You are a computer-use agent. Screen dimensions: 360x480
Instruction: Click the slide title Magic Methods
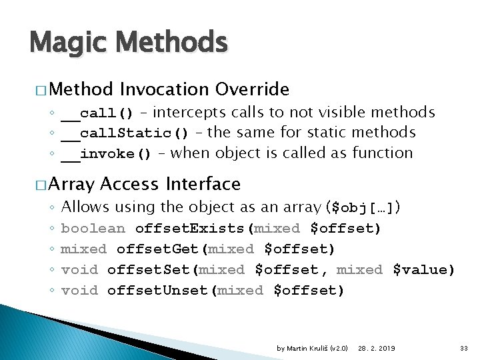129,43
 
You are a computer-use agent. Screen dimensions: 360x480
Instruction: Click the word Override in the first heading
253,89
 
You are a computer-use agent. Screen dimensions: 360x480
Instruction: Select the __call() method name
97,113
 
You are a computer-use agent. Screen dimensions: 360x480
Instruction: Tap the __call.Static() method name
125,133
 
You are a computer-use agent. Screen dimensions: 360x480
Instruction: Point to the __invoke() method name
107,154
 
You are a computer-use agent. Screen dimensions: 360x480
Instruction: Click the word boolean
93,229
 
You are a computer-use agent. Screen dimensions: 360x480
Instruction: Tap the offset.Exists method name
190,229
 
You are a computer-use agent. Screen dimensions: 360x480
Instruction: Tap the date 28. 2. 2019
376,348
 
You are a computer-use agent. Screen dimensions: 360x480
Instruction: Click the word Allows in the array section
85,207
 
